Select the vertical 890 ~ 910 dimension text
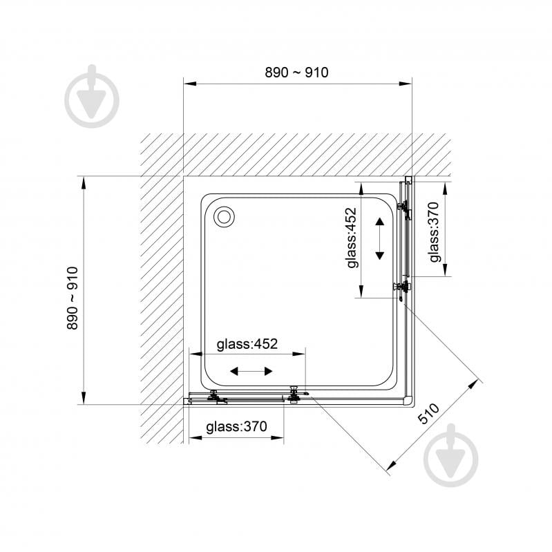coord(73,298)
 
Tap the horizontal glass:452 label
coord(247,344)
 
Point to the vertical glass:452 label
coord(352,238)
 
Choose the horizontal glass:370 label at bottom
coord(236,427)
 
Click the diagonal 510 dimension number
coord(428,414)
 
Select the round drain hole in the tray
coord(225,216)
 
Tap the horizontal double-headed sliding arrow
coord(251,372)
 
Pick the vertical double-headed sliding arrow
coord(379,238)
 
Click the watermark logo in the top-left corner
coord(92,97)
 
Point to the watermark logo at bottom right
coord(451,455)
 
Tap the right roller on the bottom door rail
coord(295,394)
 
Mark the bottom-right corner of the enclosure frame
coord(409,401)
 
